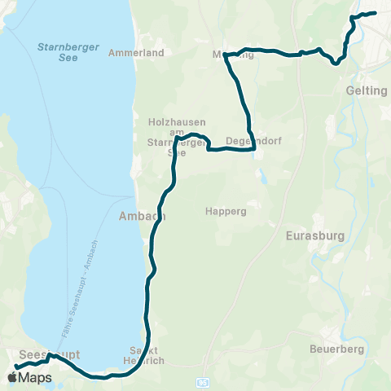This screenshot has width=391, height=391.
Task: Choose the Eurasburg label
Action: [316, 236]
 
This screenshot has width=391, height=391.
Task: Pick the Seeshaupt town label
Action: [37, 355]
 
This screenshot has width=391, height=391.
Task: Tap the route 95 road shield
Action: [200, 382]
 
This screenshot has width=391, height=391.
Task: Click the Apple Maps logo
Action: [29, 378]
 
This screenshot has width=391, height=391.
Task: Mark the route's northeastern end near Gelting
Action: [374, 12]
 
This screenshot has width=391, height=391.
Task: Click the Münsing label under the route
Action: [233, 55]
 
